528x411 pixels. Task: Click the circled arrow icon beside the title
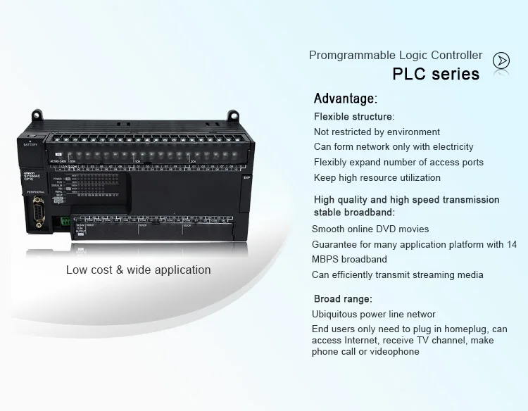[x=501, y=61]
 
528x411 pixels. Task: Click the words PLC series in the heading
[x=435, y=74]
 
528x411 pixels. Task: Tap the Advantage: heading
[x=345, y=99]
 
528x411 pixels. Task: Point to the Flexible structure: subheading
[x=353, y=116]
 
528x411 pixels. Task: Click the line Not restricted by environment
[x=377, y=132]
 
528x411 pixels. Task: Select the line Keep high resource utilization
[x=377, y=177]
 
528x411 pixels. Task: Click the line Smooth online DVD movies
[x=370, y=229]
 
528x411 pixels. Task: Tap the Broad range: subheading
[x=342, y=298]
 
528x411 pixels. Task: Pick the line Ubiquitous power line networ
[x=374, y=314]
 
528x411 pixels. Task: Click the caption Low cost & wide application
[x=138, y=270]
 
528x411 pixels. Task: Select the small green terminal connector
[x=64, y=221]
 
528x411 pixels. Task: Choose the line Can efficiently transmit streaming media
[x=397, y=274]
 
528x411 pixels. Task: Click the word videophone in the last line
[x=396, y=351]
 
